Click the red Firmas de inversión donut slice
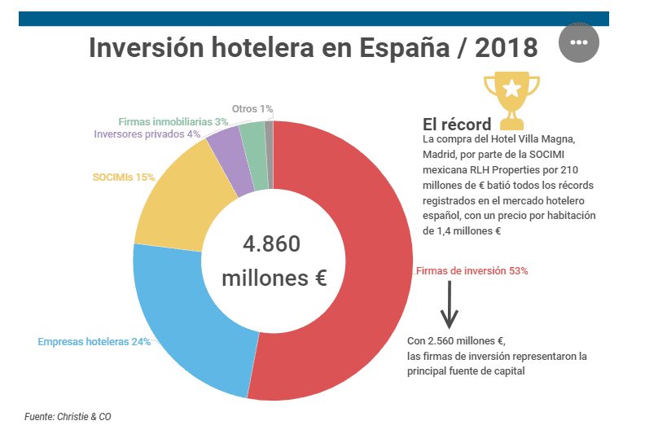[366, 269]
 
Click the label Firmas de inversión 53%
[472, 271]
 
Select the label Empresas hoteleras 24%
[94, 342]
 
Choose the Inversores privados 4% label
[147, 134]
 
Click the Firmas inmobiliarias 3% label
[173, 121]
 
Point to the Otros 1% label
[252, 108]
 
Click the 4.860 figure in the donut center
[272, 244]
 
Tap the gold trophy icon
[511, 99]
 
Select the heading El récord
[456, 125]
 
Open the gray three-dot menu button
[579, 42]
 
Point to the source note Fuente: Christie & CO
[68, 417]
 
